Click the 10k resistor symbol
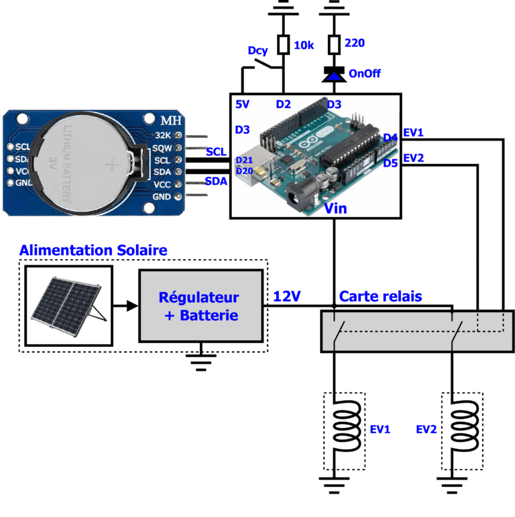tap(283, 45)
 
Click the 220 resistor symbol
tap(333, 45)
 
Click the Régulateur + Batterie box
tap(201, 305)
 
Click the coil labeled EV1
tap(344, 429)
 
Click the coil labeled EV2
tap(461, 429)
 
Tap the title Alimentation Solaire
tap(93, 250)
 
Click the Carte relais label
tap(380, 296)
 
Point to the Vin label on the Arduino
tap(335, 209)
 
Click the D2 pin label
tap(284, 104)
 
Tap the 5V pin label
tap(243, 104)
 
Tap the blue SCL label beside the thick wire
tap(216, 152)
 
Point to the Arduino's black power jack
tap(296, 198)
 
